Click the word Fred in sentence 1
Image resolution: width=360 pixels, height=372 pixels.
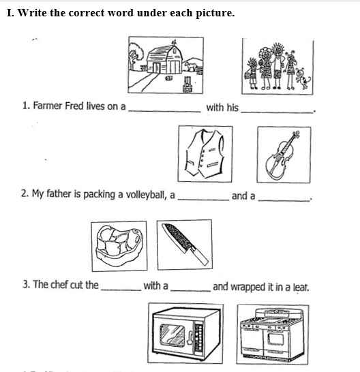74,106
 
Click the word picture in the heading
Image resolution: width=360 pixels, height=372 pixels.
215,13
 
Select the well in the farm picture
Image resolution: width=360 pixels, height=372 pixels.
187,84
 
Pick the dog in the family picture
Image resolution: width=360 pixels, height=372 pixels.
303,79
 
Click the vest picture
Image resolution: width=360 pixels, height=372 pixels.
205,154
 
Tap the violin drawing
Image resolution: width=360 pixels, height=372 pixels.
282,155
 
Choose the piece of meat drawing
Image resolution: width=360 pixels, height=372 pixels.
119,245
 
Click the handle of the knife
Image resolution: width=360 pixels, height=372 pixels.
200,255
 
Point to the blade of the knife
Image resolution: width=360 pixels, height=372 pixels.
177,237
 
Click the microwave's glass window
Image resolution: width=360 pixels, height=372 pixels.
172,335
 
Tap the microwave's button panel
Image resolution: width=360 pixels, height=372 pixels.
199,339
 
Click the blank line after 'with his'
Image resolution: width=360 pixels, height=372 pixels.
277,112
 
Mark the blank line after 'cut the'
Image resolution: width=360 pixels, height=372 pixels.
121,290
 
